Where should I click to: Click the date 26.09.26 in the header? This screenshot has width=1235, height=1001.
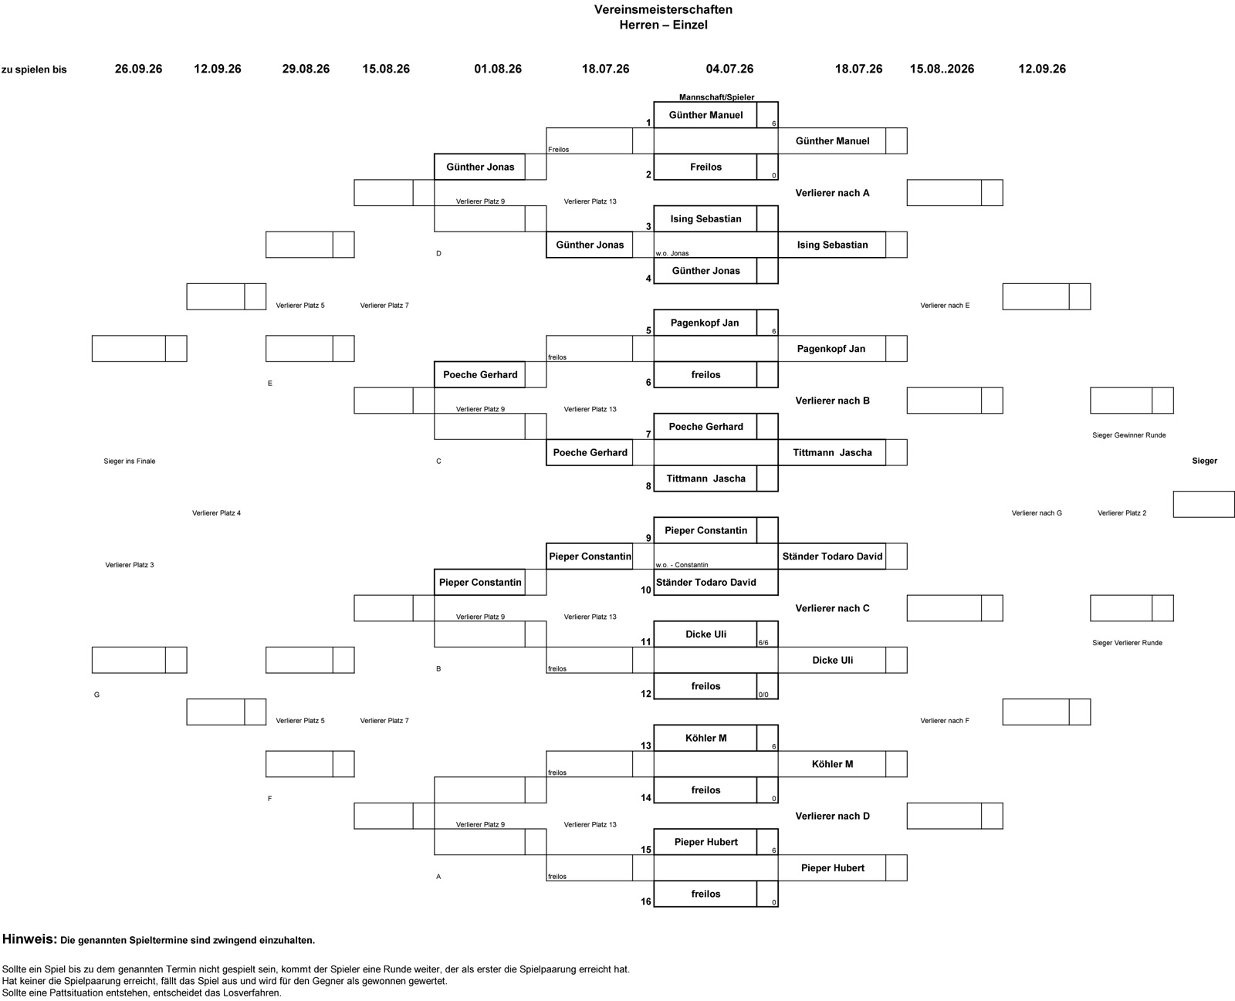139,69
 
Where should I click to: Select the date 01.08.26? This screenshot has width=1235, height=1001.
498,69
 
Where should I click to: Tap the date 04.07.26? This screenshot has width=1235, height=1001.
730,69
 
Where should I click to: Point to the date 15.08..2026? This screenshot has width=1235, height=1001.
942,69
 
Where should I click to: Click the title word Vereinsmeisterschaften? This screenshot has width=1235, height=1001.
663,10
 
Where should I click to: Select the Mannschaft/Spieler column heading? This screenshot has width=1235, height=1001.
716,97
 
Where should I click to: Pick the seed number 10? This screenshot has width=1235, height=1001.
646,590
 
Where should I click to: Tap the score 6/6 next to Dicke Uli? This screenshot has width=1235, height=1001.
763,643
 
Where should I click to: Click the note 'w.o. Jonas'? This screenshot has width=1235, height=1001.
672,253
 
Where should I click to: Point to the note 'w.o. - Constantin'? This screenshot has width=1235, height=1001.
682,564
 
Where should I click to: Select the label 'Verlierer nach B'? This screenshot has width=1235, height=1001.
833,401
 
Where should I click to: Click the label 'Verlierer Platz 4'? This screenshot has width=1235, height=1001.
216,513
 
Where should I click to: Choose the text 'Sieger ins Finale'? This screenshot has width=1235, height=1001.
130,461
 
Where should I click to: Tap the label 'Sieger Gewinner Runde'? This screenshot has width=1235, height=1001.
1129,435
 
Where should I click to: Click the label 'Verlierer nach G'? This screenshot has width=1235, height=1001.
1037,513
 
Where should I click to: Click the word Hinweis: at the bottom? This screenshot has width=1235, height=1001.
29,939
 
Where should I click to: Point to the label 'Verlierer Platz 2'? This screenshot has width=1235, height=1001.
1122,513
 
